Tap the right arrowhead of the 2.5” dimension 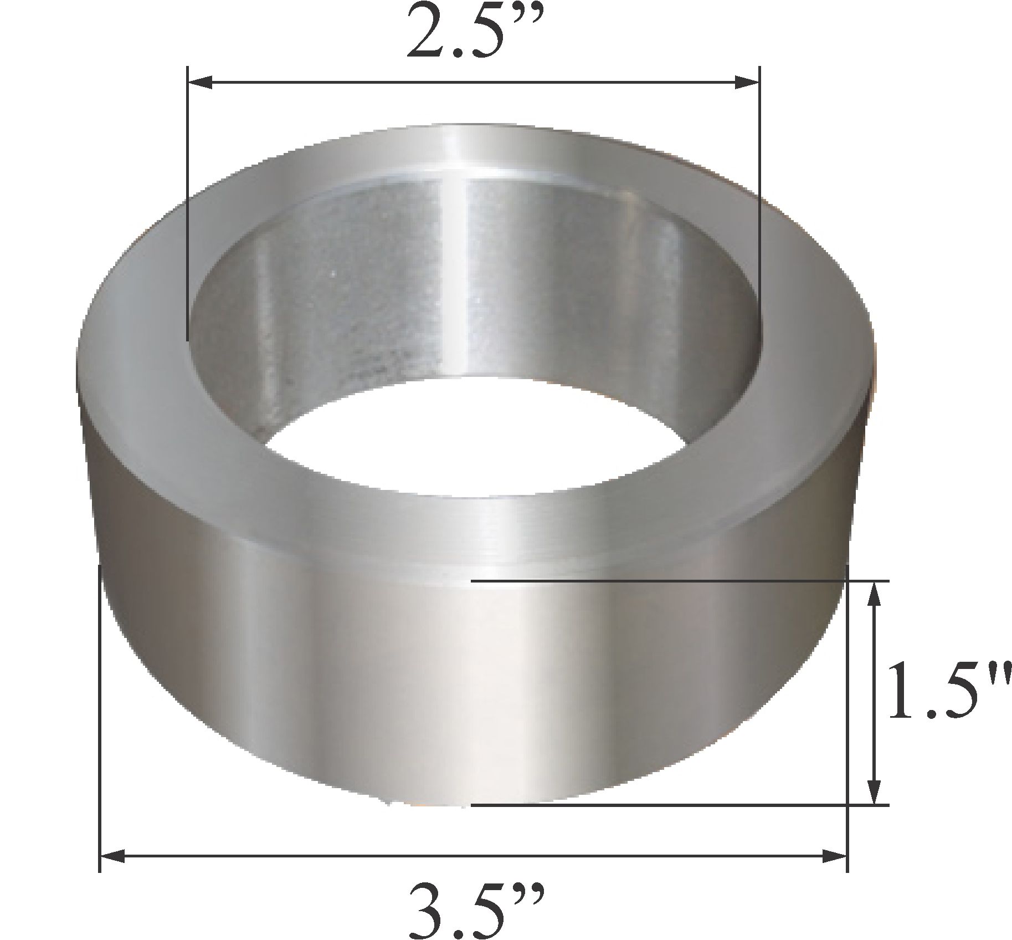coord(746,84)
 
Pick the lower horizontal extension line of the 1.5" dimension coord(665,804)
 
